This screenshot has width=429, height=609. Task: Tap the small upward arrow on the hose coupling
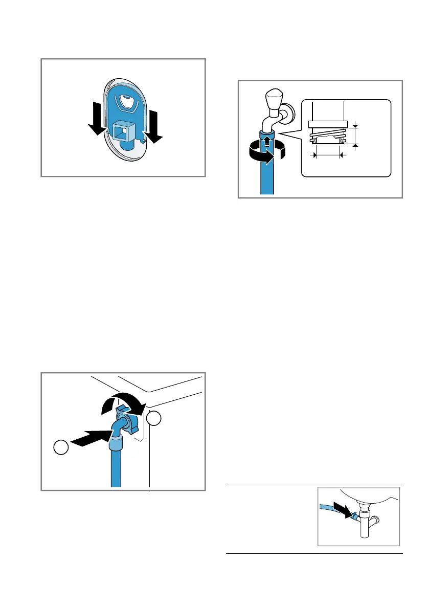(266, 138)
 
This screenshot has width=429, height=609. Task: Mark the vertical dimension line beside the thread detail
(356, 134)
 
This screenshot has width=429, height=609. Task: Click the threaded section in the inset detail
(327, 138)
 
